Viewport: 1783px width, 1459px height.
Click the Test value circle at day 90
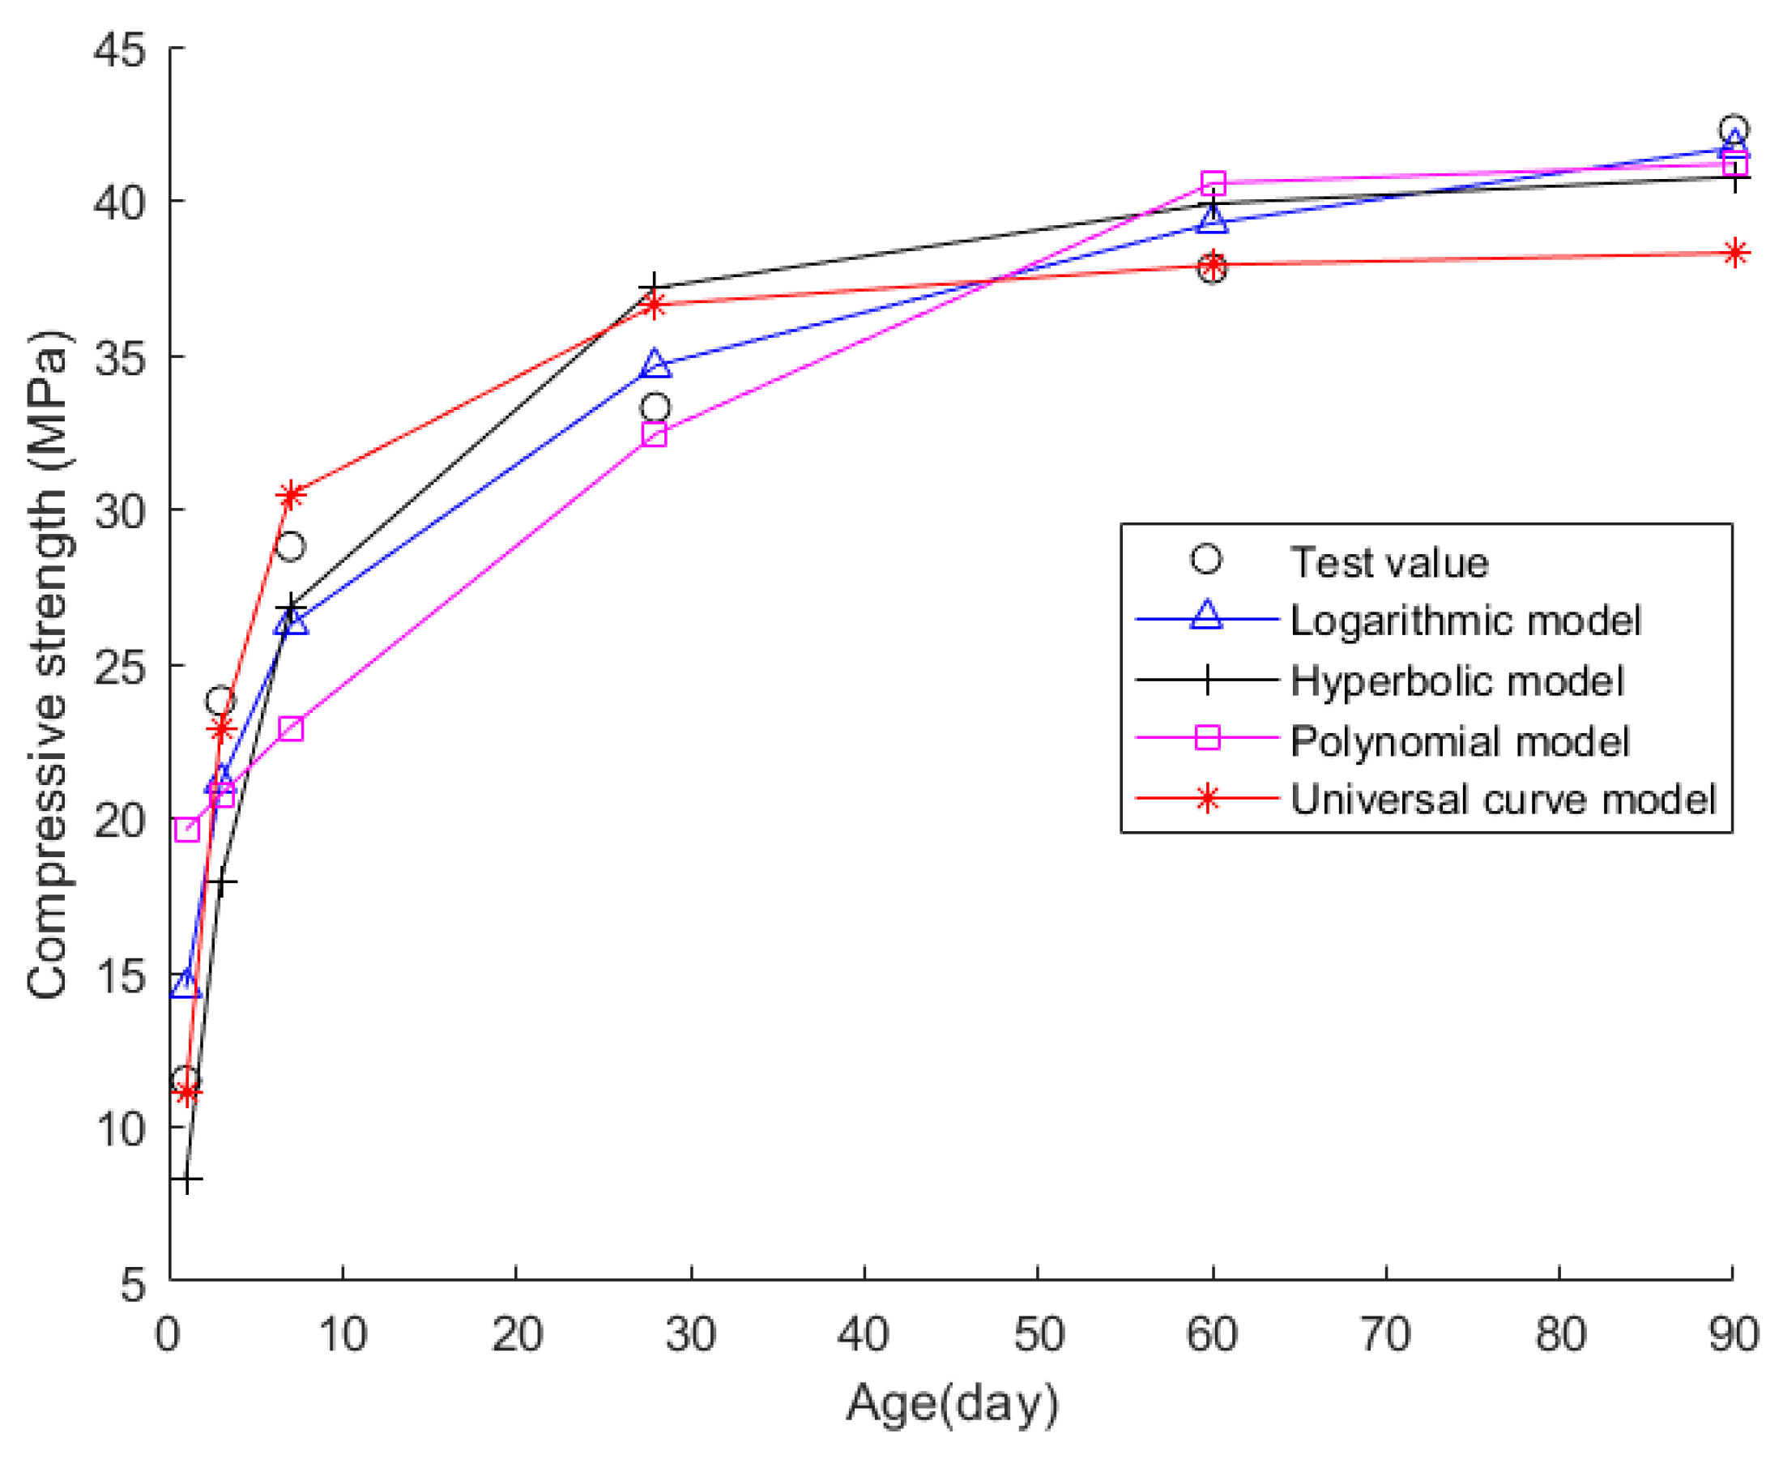[1733, 130]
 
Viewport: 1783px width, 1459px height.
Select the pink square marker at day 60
[1213, 182]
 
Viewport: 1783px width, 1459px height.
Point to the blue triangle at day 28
[655, 364]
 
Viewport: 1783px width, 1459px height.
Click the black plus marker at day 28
[654, 288]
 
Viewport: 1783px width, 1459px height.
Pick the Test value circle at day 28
[655, 408]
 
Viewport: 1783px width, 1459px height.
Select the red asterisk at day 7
[290, 496]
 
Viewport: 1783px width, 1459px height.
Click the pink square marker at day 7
[290, 728]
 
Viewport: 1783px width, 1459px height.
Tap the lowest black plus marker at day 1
[186, 1181]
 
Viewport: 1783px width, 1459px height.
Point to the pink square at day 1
[186, 830]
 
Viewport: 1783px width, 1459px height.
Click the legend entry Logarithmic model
[1465, 621]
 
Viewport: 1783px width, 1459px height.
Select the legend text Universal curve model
[1503, 800]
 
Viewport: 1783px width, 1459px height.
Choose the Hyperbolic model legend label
[1457, 680]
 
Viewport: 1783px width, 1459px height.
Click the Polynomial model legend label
[1460, 741]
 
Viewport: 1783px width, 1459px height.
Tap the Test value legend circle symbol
[1205, 559]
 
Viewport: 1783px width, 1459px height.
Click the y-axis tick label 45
[119, 50]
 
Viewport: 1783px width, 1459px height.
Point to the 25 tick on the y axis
[119, 666]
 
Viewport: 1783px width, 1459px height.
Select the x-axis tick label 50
[1039, 1333]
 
